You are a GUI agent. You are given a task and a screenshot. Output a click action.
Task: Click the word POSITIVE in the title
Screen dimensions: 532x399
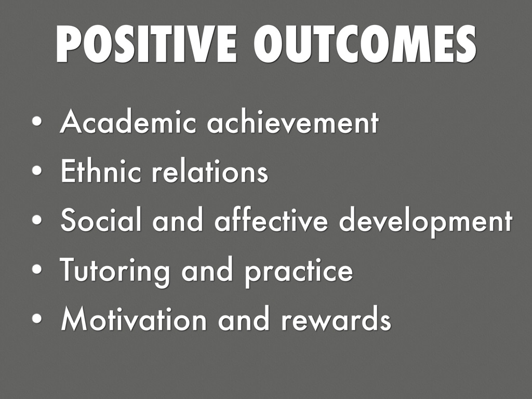coord(146,44)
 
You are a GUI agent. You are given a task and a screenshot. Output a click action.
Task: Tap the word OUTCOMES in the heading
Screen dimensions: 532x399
coord(364,44)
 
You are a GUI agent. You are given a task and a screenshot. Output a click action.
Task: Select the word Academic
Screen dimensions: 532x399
coord(128,121)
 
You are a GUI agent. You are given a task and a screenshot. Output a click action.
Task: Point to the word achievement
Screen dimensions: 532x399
coord(292,121)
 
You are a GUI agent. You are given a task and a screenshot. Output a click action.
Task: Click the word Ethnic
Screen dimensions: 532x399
coord(101,170)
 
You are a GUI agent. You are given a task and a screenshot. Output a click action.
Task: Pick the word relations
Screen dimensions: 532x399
coord(210,170)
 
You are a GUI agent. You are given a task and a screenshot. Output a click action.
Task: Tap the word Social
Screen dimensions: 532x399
coord(101,220)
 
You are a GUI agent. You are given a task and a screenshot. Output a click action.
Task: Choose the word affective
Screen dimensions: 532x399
coord(271,220)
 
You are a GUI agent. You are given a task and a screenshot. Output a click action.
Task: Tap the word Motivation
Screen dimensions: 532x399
coord(134,320)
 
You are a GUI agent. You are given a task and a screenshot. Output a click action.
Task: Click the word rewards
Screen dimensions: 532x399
coord(336,320)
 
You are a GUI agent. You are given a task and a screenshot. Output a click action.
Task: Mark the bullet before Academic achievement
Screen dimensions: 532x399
coord(37,121)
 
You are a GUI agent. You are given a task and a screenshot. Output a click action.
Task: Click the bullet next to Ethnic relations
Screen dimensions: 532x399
coord(37,170)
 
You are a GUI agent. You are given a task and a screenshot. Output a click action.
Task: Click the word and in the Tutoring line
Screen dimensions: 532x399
coord(207,270)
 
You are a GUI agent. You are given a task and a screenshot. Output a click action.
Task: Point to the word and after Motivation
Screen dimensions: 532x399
coord(243,320)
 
